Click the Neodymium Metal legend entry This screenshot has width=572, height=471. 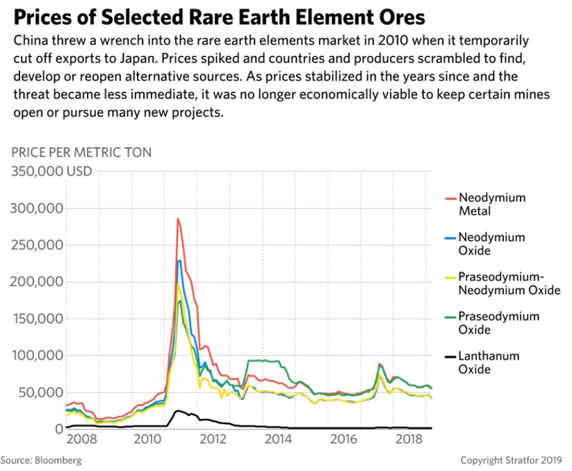pos(484,204)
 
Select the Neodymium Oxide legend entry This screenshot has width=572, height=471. pos(484,244)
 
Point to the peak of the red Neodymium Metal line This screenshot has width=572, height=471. pos(178,219)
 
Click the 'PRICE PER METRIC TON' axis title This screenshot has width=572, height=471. pos(82,152)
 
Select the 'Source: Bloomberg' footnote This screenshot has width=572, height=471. pos(41,461)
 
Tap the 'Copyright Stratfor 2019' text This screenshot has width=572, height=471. pos(514,461)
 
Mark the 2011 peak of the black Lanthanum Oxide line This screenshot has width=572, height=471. pos(178,411)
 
